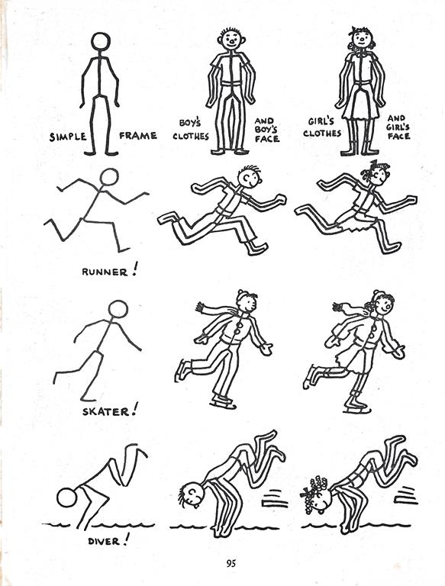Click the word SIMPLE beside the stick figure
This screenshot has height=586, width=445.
tap(68, 137)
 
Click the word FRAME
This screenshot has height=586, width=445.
tap(138, 135)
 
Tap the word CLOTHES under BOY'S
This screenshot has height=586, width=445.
tap(191, 136)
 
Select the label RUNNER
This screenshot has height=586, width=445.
tap(105, 272)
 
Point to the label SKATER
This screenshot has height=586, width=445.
tap(106, 411)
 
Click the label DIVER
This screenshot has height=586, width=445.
tap(104, 541)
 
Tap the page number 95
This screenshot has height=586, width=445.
tap(231, 563)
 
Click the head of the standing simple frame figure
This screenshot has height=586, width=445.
tap(101, 41)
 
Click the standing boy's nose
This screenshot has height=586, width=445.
tap(232, 40)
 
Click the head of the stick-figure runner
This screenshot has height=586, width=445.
tap(109, 177)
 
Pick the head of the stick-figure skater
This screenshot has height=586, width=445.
tap(118, 310)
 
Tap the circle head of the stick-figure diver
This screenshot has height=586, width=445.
tap(67, 497)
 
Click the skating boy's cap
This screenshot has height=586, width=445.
tap(245, 295)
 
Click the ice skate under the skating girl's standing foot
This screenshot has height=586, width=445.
tap(357, 408)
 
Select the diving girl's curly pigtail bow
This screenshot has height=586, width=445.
tap(314, 488)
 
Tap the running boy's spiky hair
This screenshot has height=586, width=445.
tap(253, 169)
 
